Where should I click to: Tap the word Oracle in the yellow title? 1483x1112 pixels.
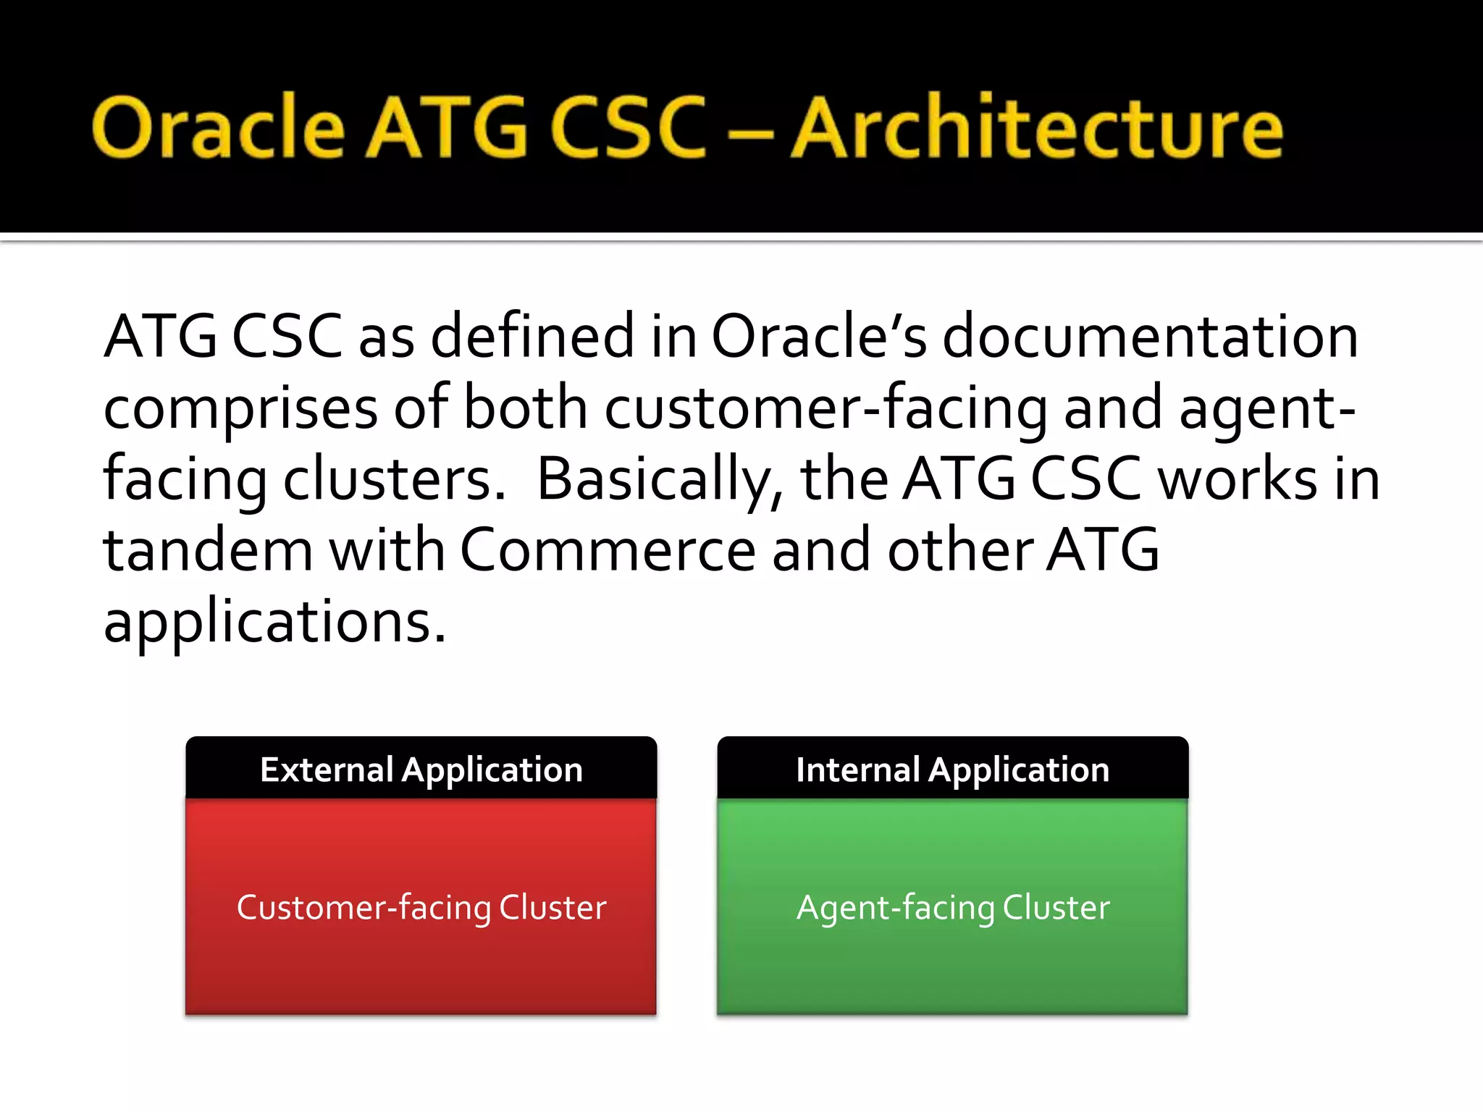coord(218,128)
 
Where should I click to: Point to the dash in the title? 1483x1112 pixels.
coord(748,134)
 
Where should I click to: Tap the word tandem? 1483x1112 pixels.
coord(209,550)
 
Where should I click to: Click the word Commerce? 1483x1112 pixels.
coord(608,550)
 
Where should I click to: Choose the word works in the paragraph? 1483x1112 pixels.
coord(1238,480)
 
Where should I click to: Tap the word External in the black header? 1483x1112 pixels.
coord(326,770)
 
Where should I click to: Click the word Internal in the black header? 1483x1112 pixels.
coord(857,770)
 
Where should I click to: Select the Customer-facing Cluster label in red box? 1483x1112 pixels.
coord(421,908)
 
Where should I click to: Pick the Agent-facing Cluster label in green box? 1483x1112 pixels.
coord(953,908)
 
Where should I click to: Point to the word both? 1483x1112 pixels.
coord(525,408)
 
